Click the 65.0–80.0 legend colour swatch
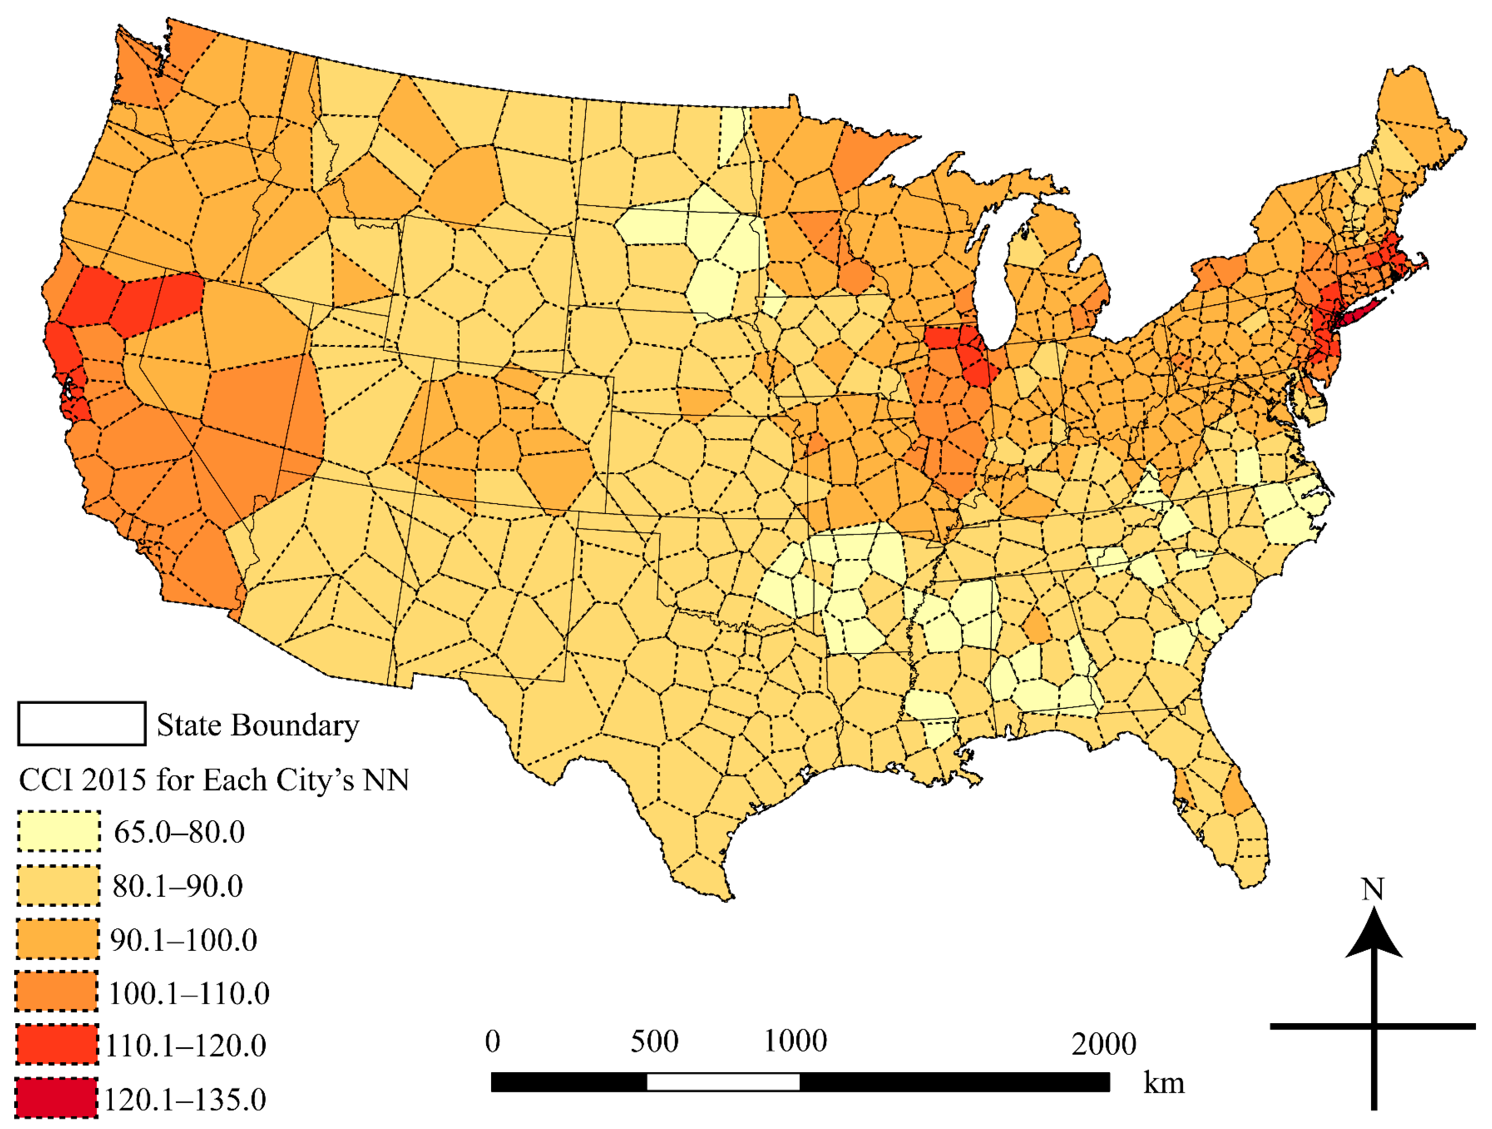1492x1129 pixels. click(x=59, y=831)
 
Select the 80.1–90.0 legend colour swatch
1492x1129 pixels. click(x=59, y=885)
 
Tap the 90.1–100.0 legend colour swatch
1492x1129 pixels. click(x=58, y=939)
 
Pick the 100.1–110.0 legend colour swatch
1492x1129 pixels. click(x=57, y=992)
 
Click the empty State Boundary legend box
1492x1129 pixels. click(x=82, y=724)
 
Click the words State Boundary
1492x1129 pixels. click(x=257, y=725)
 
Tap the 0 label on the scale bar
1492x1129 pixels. click(x=492, y=1041)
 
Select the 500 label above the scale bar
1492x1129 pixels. click(x=654, y=1041)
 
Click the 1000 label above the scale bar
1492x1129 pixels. click(x=795, y=1041)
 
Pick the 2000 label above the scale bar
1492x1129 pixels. click(x=1104, y=1044)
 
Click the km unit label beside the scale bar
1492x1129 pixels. click(x=1164, y=1083)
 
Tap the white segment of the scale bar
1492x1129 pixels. click(x=723, y=1082)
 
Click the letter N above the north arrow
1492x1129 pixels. click(x=1372, y=889)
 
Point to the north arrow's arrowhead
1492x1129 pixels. click(x=1373, y=935)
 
